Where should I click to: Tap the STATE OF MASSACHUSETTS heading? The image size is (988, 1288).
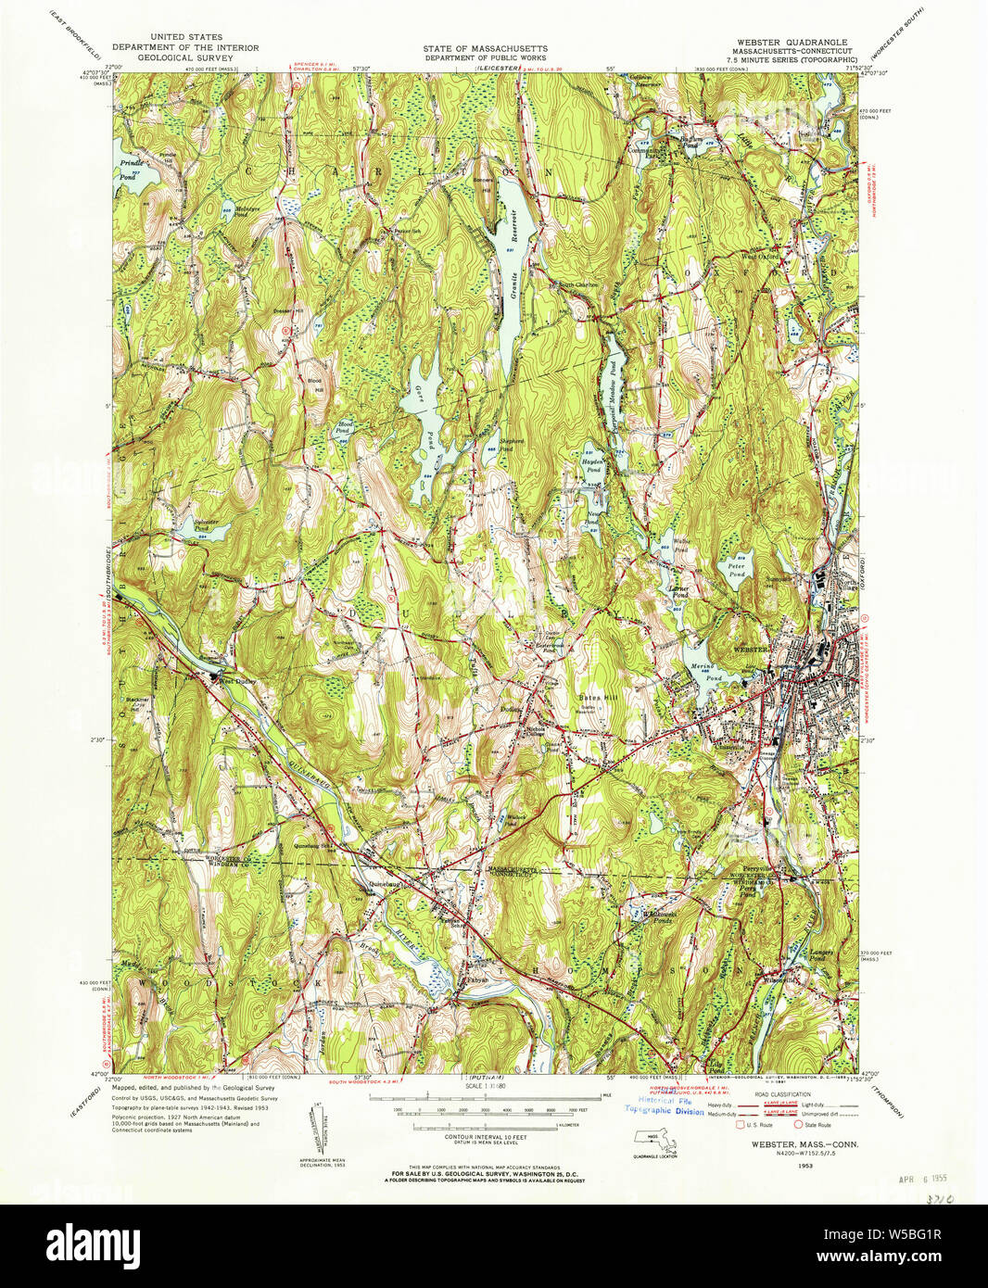[x=485, y=48]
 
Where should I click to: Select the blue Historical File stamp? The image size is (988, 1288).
[x=664, y=1105]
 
